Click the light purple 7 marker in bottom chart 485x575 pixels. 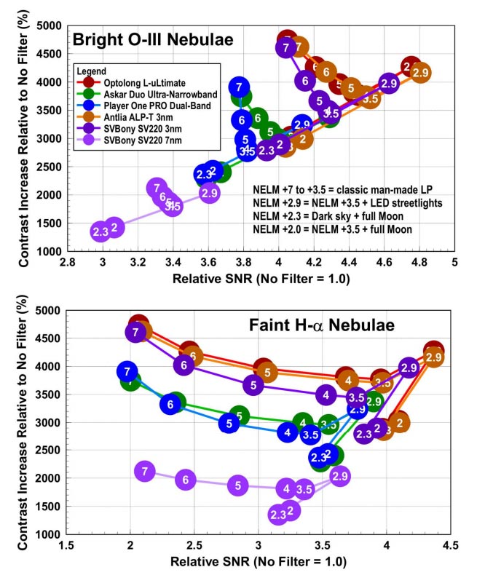click(x=146, y=472)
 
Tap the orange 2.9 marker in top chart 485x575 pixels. click(x=419, y=73)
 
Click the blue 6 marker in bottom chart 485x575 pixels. click(x=171, y=404)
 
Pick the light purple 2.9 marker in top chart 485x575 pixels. click(x=209, y=193)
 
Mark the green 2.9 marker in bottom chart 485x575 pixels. click(x=374, y=400)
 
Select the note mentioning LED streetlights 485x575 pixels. click(x=343, y=203)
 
